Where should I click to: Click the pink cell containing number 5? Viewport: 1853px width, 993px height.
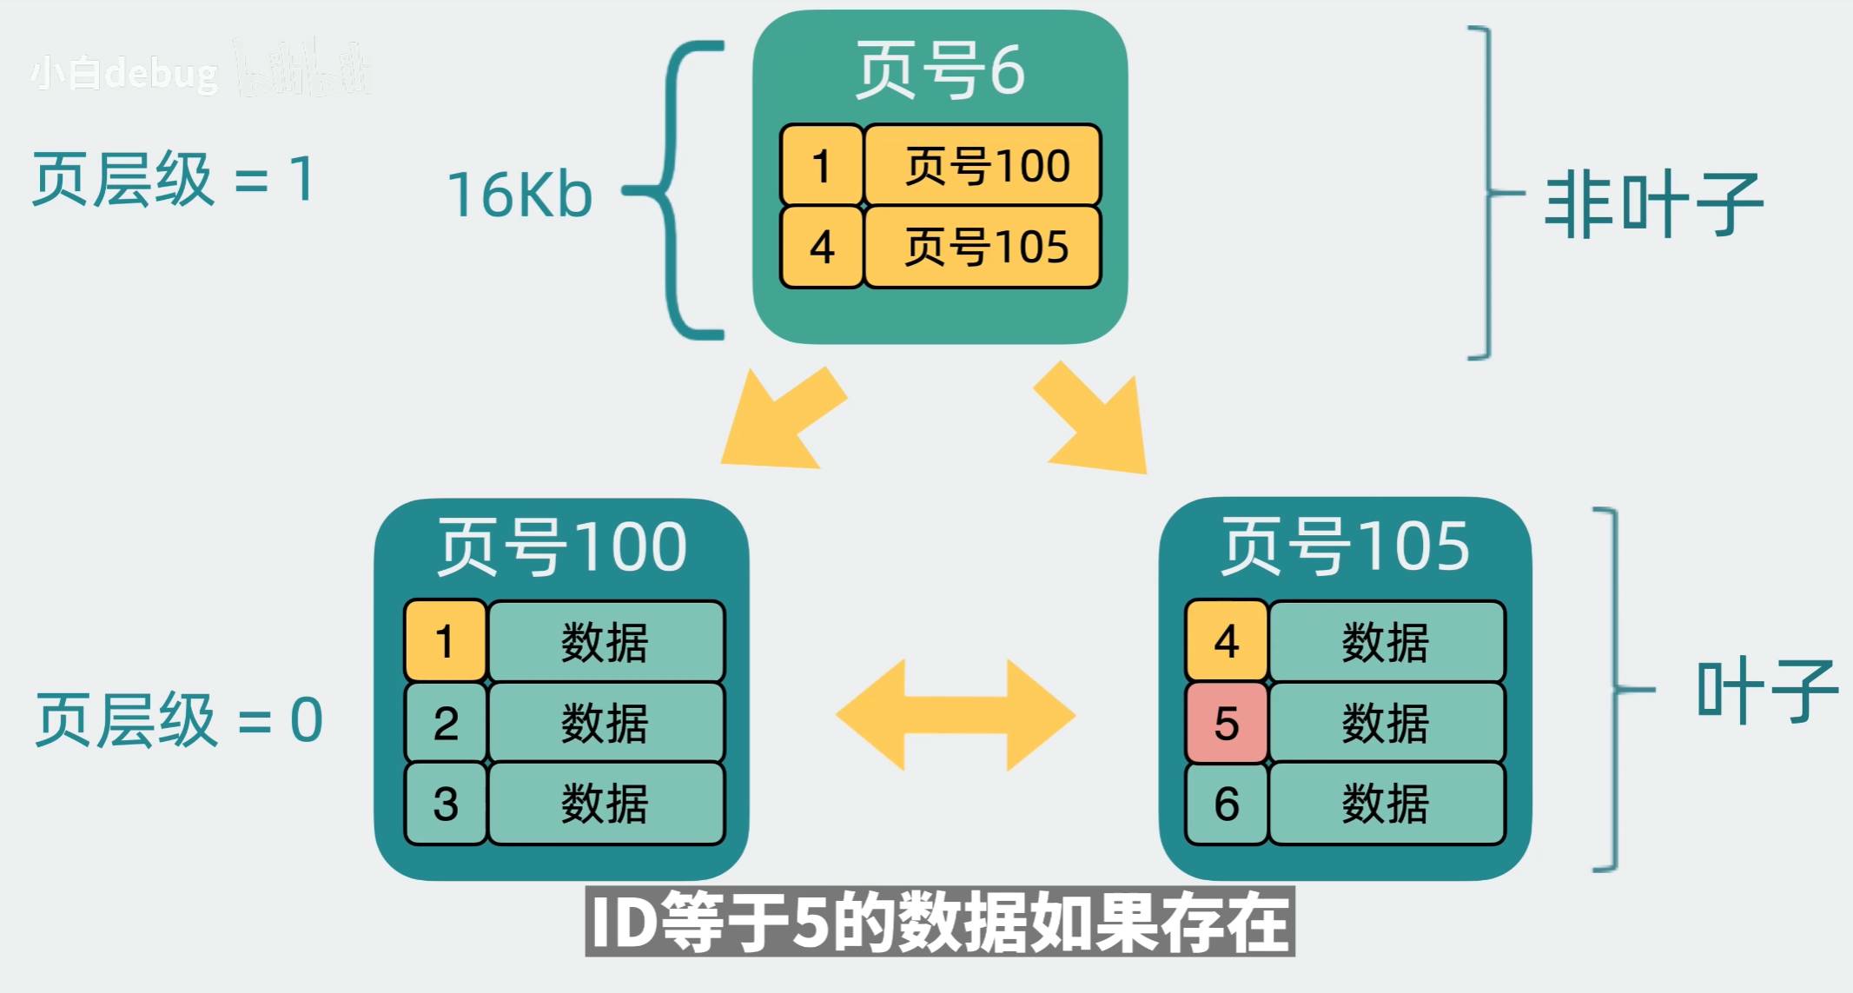pyautogui.click(x=1226, y=723)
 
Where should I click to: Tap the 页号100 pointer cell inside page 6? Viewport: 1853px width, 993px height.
pyautogui.click(x=983, y=165)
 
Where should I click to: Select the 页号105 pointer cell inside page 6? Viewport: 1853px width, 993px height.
pyautogui.click(x=983, y=247)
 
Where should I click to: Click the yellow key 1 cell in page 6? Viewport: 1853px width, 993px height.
pyautogui.click(x=821, y=165)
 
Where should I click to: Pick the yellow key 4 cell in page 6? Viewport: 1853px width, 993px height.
pyautogui.click(x=821, y=247)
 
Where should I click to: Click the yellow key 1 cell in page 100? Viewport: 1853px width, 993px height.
pyautogui.click(x=445, y=641)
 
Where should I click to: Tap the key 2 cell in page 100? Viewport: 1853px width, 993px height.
pyautogui.click(x=445, y=723)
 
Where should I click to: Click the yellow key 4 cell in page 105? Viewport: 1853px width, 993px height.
pyautogui.click(x=1226, y=641)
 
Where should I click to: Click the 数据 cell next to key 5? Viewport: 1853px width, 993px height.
pyautogui.click(x=1386, y=723)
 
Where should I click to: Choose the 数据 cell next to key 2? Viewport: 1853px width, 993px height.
pyautogui.click(x=606, y=723)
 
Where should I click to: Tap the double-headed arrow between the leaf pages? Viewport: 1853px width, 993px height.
pyautogui.click(x=956, y=715)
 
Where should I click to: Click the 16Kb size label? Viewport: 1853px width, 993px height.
pyautogui.click(x=520, y=194)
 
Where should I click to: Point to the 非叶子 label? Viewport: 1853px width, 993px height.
pyautogui.click(x=1652, y=205)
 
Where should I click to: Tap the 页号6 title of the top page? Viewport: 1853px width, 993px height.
pyautogui.click(x=940, y=70)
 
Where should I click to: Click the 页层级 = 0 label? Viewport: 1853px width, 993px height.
pyautogui.click(x=178, y=720)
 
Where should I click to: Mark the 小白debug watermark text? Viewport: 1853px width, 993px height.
pyautogui.click(x=124, y=74)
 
